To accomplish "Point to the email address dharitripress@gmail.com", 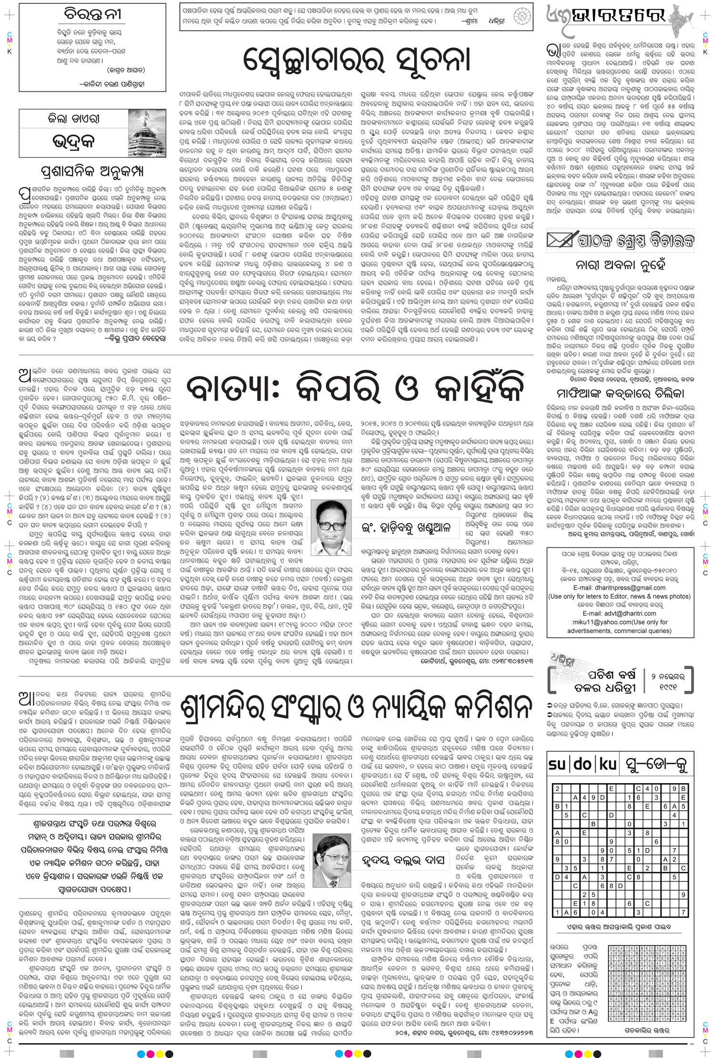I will (620, 588).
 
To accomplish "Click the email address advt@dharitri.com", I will (620, 613).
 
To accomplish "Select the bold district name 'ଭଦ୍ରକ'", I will (73, 143).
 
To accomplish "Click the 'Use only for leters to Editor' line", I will (620, 596).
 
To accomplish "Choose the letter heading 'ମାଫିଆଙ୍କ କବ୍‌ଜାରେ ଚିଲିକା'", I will (620, 394).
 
